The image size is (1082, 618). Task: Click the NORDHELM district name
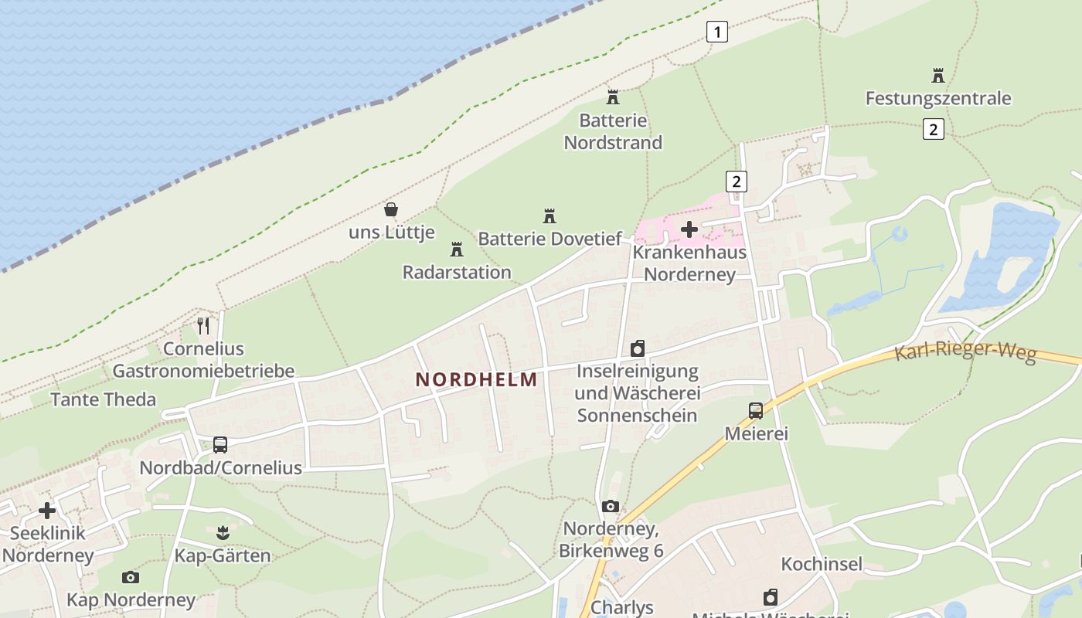click(476, 379)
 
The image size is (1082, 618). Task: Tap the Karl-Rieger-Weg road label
click(965, 351)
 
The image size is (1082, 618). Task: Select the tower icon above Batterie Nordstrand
click(613, 97)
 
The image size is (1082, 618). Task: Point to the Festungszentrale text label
click(937, 99)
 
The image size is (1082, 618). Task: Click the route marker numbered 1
click(717, 32)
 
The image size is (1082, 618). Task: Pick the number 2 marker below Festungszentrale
click(933, 129)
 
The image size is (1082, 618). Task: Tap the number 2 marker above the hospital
click(737, 182)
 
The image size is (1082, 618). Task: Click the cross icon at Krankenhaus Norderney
click(689, 229)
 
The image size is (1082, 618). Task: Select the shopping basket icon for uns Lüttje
click(391, 209)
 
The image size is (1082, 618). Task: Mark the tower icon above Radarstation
click(456, 250)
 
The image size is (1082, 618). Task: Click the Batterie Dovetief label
click(550, 239)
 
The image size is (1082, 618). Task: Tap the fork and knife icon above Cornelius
click(203, 326)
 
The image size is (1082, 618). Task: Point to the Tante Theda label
click(103, 399)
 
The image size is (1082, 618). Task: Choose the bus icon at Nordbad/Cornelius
click(220, 445)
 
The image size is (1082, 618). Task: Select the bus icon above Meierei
click(755, 411)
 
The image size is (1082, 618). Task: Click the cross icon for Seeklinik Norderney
click(47, 511)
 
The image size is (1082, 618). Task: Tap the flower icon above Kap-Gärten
click(223, 532)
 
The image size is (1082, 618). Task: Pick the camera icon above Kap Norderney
click(131, 577)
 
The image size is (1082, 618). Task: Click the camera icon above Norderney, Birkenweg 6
click(611, 507)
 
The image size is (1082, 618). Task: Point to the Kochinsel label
click(822, 564)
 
